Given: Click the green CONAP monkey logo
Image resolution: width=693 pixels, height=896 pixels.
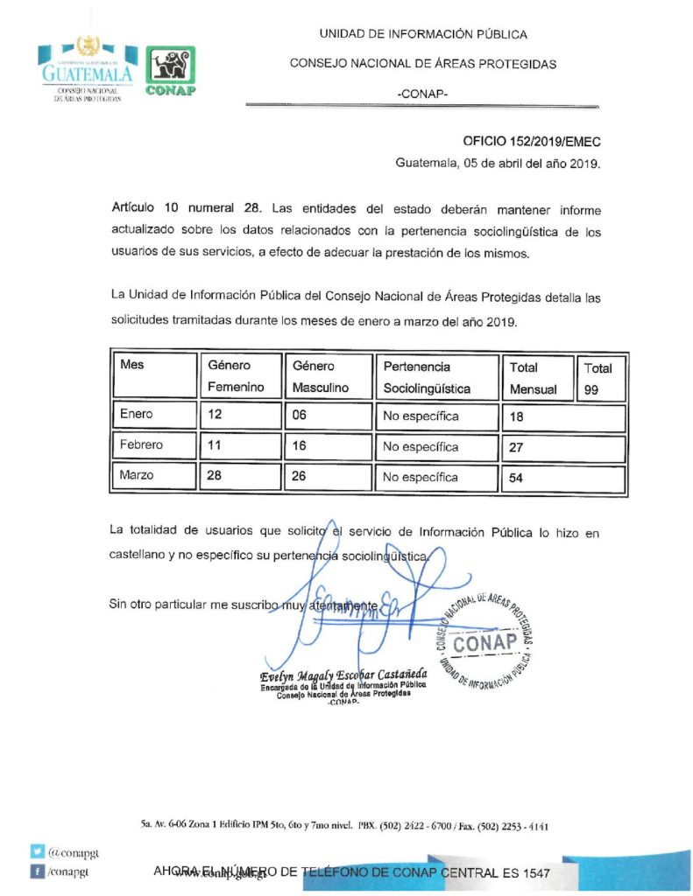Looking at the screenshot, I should coord(169,70).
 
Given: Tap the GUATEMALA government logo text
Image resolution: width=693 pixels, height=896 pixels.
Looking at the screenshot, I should coord(87,74).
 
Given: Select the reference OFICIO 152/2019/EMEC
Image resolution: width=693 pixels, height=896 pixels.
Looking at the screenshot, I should coord(532,141).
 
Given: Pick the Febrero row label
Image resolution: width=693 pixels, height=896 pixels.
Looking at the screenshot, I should coord(141,445).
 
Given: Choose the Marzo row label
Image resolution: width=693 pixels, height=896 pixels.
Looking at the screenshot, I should coord(137,477).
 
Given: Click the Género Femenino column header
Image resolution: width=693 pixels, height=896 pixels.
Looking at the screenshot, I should coord(236,377).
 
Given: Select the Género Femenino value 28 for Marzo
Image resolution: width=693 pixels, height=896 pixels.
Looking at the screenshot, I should coord(216,477).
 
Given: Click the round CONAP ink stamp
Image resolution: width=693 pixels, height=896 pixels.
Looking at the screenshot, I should coord(484,641).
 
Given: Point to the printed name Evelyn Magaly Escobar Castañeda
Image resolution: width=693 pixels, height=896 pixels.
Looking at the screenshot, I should coord(343,675).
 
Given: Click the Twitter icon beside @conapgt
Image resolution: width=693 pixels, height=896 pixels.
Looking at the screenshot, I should coord(38,850).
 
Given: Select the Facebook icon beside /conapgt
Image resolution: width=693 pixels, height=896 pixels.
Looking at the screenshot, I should coord(38,871).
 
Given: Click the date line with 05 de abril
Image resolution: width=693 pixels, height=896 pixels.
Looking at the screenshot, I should coord(498,163).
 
